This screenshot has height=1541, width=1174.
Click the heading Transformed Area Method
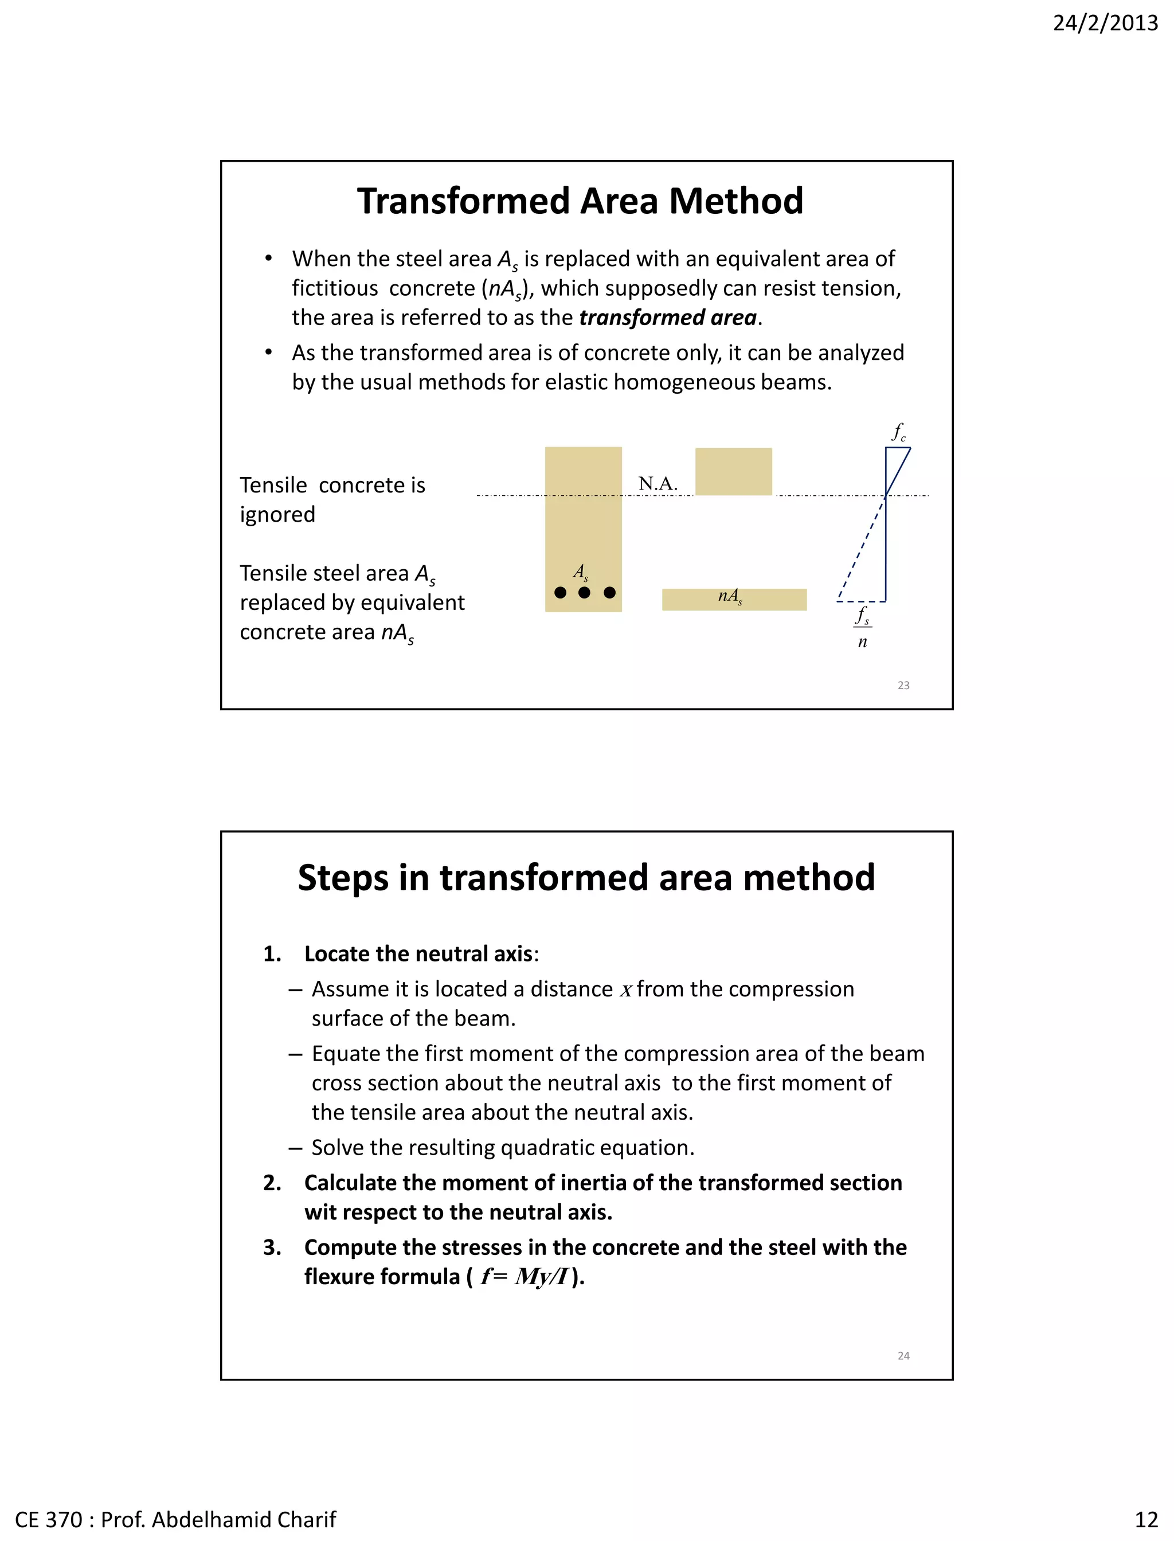(580, 201)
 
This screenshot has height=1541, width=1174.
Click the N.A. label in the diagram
(658, 484)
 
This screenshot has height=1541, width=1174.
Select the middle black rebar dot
(584, 593)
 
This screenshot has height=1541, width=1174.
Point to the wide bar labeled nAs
(734, 599)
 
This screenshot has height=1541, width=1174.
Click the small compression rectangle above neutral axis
(733, 472)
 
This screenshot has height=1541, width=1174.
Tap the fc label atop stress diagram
(899, 432)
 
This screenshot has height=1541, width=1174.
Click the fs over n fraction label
(862, 627)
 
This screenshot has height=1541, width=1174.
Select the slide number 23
(903, 685)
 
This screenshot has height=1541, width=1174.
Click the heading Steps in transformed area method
(586, 878)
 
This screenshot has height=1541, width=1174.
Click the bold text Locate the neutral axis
(418, 954)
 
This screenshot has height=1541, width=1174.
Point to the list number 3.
(271, 1247)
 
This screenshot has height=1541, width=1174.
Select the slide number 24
(903, 1356)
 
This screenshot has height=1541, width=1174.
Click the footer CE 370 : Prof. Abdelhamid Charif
(175, 1519)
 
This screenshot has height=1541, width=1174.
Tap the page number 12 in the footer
(1146, 1519)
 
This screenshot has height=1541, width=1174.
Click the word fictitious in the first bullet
(335, 288)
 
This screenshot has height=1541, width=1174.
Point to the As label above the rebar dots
(581, 572)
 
